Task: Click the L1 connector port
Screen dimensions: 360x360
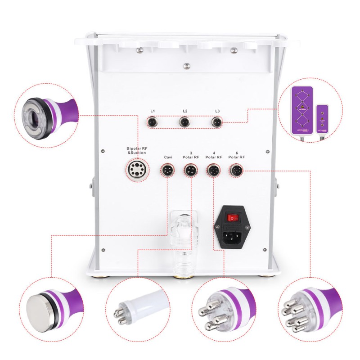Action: [153, 121]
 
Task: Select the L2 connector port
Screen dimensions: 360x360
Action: [184, 121]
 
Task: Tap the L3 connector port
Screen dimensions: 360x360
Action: [217, 121]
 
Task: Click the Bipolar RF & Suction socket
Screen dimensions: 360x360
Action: [135, 170]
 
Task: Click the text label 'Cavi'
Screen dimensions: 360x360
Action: [167, 157]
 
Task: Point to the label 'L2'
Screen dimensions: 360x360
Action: [185, 111]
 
